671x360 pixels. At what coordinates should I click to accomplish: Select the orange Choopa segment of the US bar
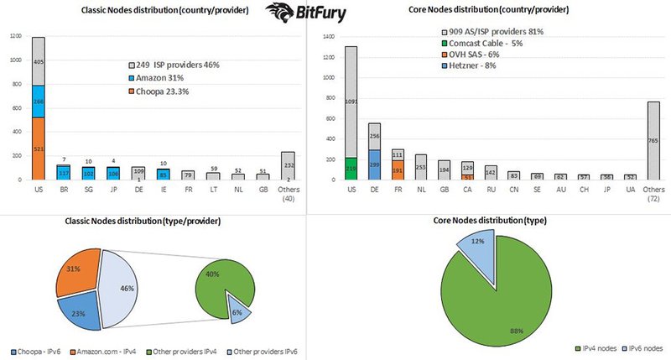tap(39, 148)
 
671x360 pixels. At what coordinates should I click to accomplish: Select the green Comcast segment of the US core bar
tap(350, 168)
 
